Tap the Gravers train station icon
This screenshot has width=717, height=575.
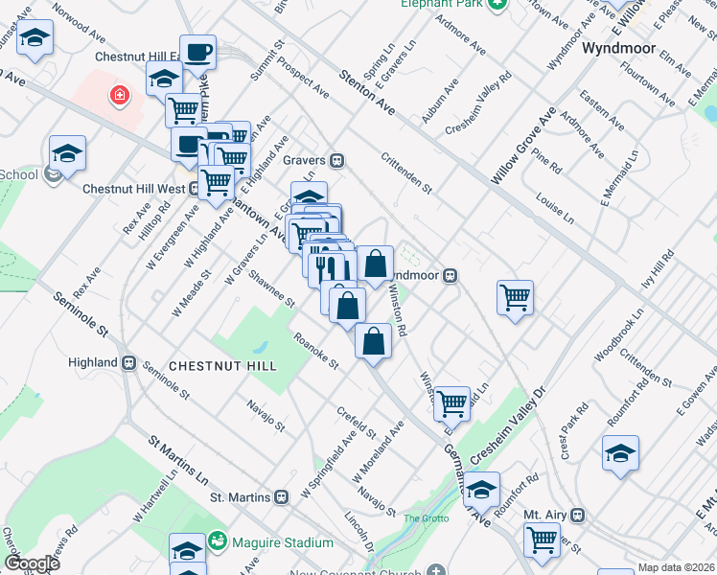tap(337, 160)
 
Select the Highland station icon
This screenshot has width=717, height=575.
tap(128, 362)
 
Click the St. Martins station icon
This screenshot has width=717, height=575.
tap(281, 497)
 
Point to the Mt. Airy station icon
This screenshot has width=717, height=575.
tap(577, 515)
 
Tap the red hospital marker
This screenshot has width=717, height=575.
tap(119, 95)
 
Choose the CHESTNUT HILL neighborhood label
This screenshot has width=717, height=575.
tap(222, 366)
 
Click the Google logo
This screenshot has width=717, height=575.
tap(31, 563)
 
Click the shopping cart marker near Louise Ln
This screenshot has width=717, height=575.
tap(516, 296)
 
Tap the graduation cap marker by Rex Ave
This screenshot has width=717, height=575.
tap(67, 151)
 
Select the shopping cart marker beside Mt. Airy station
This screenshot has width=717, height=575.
tap(542, 540)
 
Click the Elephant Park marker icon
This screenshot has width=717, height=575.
tap(497, 3)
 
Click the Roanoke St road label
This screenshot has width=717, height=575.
tap(316, 350)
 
